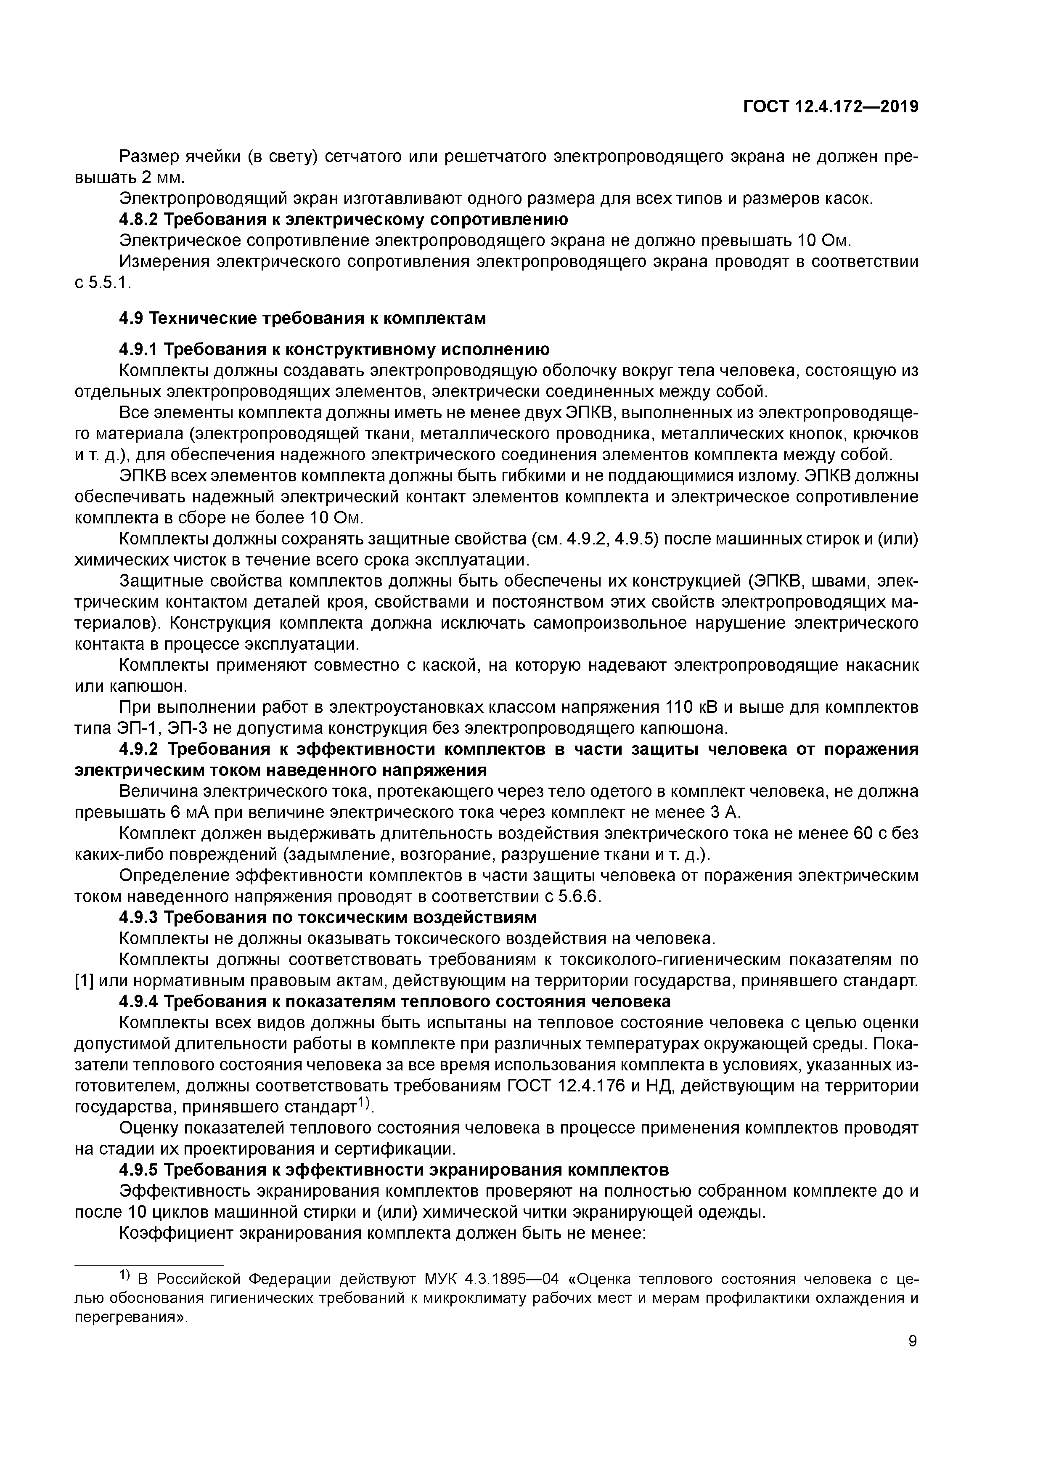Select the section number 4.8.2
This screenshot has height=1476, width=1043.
click(139, 220)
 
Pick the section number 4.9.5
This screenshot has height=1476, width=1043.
click(139, 1169)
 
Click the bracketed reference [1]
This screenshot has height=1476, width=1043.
click(85, 981)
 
